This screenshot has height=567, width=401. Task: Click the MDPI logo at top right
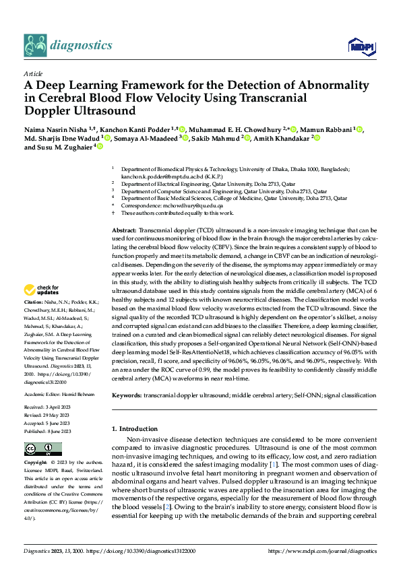tap(359, 45)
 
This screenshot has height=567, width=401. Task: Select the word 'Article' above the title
tap(32, 73)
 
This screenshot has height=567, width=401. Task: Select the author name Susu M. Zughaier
tap(64, 146)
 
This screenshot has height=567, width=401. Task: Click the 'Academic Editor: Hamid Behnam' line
tap(59, 393)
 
